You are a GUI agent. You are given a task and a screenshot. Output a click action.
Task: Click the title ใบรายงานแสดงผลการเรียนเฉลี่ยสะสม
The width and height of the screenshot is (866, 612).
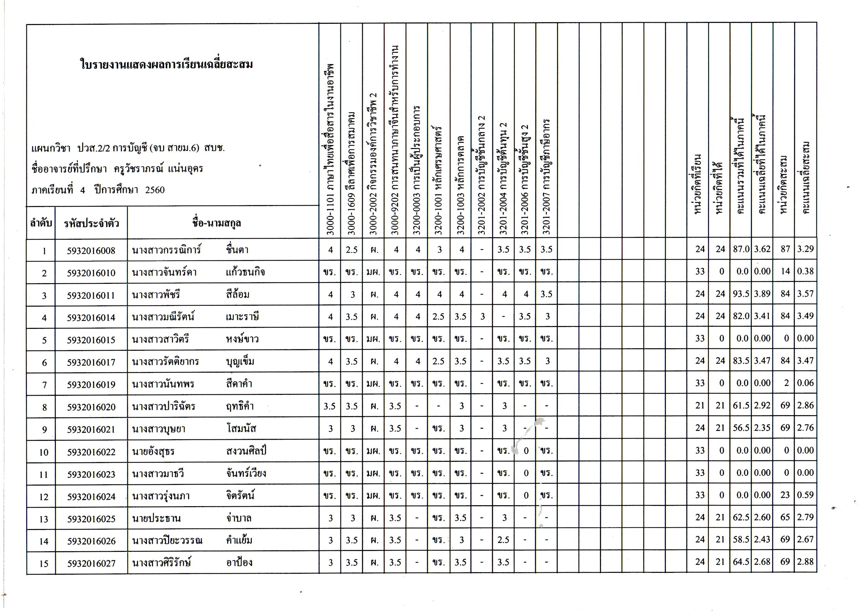(x=166, y=64)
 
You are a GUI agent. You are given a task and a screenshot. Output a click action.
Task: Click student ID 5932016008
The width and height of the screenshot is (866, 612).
(x=91, y=251)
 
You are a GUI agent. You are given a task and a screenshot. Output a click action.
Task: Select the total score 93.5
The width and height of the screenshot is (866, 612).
(x=741, y=294)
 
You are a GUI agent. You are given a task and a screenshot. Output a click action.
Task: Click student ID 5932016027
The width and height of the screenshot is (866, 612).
(x=91, y=563)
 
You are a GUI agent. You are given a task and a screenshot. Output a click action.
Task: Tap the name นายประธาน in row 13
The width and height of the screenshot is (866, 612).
(x=156, y=519)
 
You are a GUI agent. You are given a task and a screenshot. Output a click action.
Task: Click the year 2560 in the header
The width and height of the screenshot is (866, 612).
(x=155, y=190)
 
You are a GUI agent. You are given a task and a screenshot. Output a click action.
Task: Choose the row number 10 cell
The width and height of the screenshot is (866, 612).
(x=44, y=452)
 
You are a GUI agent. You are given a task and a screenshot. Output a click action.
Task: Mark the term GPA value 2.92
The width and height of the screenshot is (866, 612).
(x=762, y=405)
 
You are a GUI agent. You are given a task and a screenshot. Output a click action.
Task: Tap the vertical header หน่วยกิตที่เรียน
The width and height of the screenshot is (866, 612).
(x=698, y=185)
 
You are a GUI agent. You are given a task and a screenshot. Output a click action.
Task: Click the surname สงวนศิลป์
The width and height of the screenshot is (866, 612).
(x=246, y=451)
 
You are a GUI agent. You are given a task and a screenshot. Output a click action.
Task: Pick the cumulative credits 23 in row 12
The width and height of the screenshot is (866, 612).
(x=785, y=495)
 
